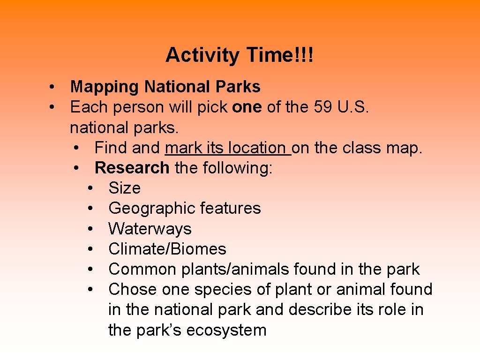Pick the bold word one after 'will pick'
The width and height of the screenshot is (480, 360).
coord(247,107)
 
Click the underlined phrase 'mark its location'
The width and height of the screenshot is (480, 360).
coord(227,148)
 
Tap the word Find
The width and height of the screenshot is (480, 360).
coord(111,148)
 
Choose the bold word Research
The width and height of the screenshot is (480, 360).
coord(132,168)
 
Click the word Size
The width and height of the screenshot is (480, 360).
coord(124,188)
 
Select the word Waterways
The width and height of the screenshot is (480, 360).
coord(150,229)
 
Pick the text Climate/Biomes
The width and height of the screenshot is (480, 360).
coord(167,249)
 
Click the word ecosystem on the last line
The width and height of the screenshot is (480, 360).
coord(226,330)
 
